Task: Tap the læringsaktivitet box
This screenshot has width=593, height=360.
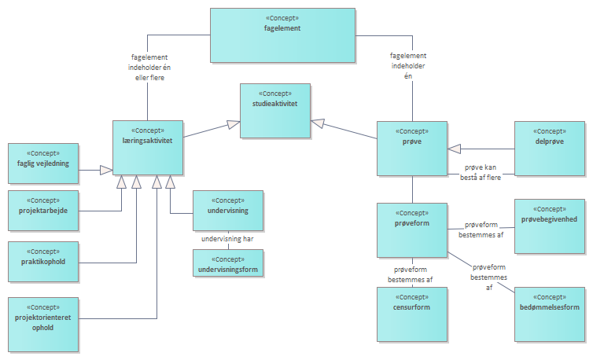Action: (148, 147)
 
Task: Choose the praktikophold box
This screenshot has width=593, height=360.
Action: (42, 261)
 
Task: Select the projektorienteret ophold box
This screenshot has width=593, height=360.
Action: (42, 323)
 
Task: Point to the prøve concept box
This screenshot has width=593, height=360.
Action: (412, 149)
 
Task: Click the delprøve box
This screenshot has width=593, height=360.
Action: (550, 148)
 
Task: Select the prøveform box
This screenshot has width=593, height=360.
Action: (412, 230)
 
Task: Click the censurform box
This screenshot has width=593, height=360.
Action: (412, 314)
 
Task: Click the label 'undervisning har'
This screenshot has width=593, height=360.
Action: (228, 239)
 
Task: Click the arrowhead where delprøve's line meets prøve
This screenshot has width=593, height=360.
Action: (454, 149)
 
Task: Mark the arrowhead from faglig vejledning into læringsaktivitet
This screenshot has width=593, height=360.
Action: (106, 168)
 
